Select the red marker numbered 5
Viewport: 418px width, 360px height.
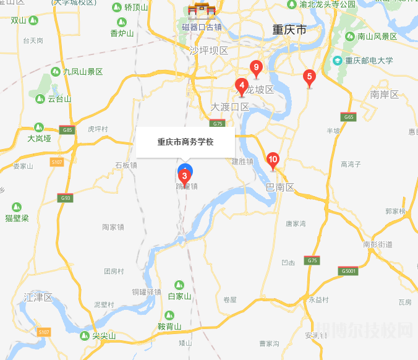310,77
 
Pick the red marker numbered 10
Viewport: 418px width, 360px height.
273,160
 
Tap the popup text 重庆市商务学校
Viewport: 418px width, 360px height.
185,142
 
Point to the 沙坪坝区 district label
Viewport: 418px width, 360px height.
209,50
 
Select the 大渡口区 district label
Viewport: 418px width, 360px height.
229,107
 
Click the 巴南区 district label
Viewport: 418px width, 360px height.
279,187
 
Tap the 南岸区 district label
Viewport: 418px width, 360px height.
385,95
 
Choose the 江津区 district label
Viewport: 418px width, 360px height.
38,298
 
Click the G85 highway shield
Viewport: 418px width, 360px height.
67,130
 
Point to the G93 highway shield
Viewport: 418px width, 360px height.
65,198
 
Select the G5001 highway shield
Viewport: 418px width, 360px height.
348,271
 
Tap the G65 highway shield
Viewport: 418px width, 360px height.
349,117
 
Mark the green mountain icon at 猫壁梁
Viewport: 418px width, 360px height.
17,207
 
